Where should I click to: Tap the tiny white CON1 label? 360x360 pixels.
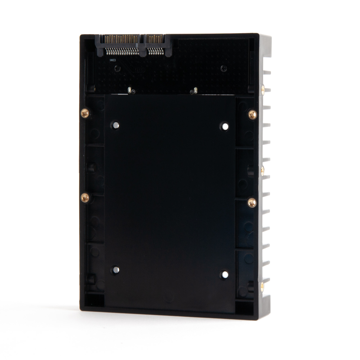pyautogui.click(x=112, y=59)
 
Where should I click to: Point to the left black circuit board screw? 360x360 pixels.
pyautogui.click(x=117, y=68)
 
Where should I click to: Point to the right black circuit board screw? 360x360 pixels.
pyautogui.click(x=223, y=68)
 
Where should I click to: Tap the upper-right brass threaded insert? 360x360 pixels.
pyautogui.click(x=252, y=115)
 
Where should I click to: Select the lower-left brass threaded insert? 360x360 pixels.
pyautogui.click(x=84, y=197)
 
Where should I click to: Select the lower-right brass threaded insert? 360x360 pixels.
pyautogui.click(x=252, y=202)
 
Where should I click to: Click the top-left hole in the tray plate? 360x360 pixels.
pyautogui.click(x=116, y=125)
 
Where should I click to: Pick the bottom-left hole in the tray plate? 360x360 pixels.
pyautogui.click(x=115, y=270)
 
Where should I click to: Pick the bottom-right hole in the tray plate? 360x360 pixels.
pyautogui.click(x=224, y=274)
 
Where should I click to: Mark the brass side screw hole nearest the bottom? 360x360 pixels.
pyautogui.click(x=262, y=285)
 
